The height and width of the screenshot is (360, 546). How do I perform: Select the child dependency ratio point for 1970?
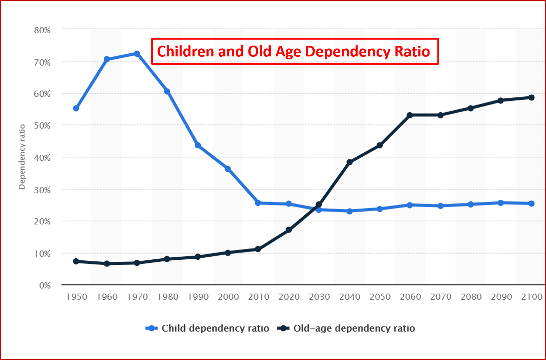point(137,53)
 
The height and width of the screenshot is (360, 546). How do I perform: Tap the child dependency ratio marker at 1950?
point(76,108)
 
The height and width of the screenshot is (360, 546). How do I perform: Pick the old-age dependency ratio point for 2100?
point(531,98)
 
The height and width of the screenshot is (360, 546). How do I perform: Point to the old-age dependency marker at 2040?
point(350,162)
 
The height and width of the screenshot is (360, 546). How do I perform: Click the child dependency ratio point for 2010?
point(258,203)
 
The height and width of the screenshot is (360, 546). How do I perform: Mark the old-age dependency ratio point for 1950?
point(76,261)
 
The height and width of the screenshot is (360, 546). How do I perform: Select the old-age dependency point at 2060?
point(410,115)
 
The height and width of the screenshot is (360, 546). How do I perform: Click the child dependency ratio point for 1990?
point(198,145)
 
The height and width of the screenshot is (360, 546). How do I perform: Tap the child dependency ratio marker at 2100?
point(531,204)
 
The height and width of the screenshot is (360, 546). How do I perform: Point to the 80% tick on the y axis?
point(42,30)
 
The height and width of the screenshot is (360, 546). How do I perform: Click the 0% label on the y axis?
point(45,285)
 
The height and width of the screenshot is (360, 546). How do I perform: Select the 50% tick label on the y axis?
point(42,126)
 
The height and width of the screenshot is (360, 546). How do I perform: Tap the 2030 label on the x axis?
point(319,297)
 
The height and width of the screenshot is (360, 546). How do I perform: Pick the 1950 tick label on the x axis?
point(77,297)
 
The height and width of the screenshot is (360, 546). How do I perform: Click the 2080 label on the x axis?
point(471,297)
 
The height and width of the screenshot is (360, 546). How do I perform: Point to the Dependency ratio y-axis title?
point(22,157)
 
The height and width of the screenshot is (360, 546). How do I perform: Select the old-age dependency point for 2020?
point(289,230)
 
